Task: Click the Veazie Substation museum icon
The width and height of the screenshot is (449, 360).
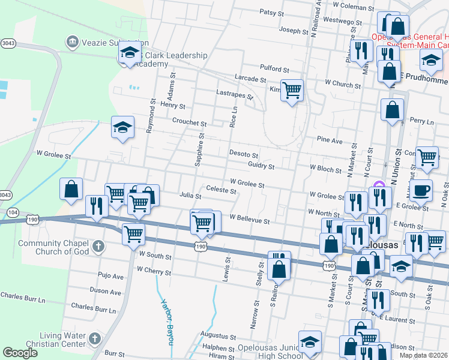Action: (x=72, y=41)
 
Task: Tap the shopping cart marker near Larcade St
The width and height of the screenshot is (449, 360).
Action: (x=292, y=90)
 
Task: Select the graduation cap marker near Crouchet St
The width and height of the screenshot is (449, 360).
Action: (x=122, y=128)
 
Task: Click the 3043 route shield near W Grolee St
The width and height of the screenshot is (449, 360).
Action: (x=5, y=195)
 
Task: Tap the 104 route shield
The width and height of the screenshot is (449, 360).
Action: (x=12, y=212)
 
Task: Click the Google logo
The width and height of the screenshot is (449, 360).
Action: (x=20, y=353)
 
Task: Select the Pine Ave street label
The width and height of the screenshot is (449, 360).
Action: (x=330, y=140)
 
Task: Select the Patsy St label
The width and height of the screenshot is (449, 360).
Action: (x=275, y=11)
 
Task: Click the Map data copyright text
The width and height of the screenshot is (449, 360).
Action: (x=424, y=355)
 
